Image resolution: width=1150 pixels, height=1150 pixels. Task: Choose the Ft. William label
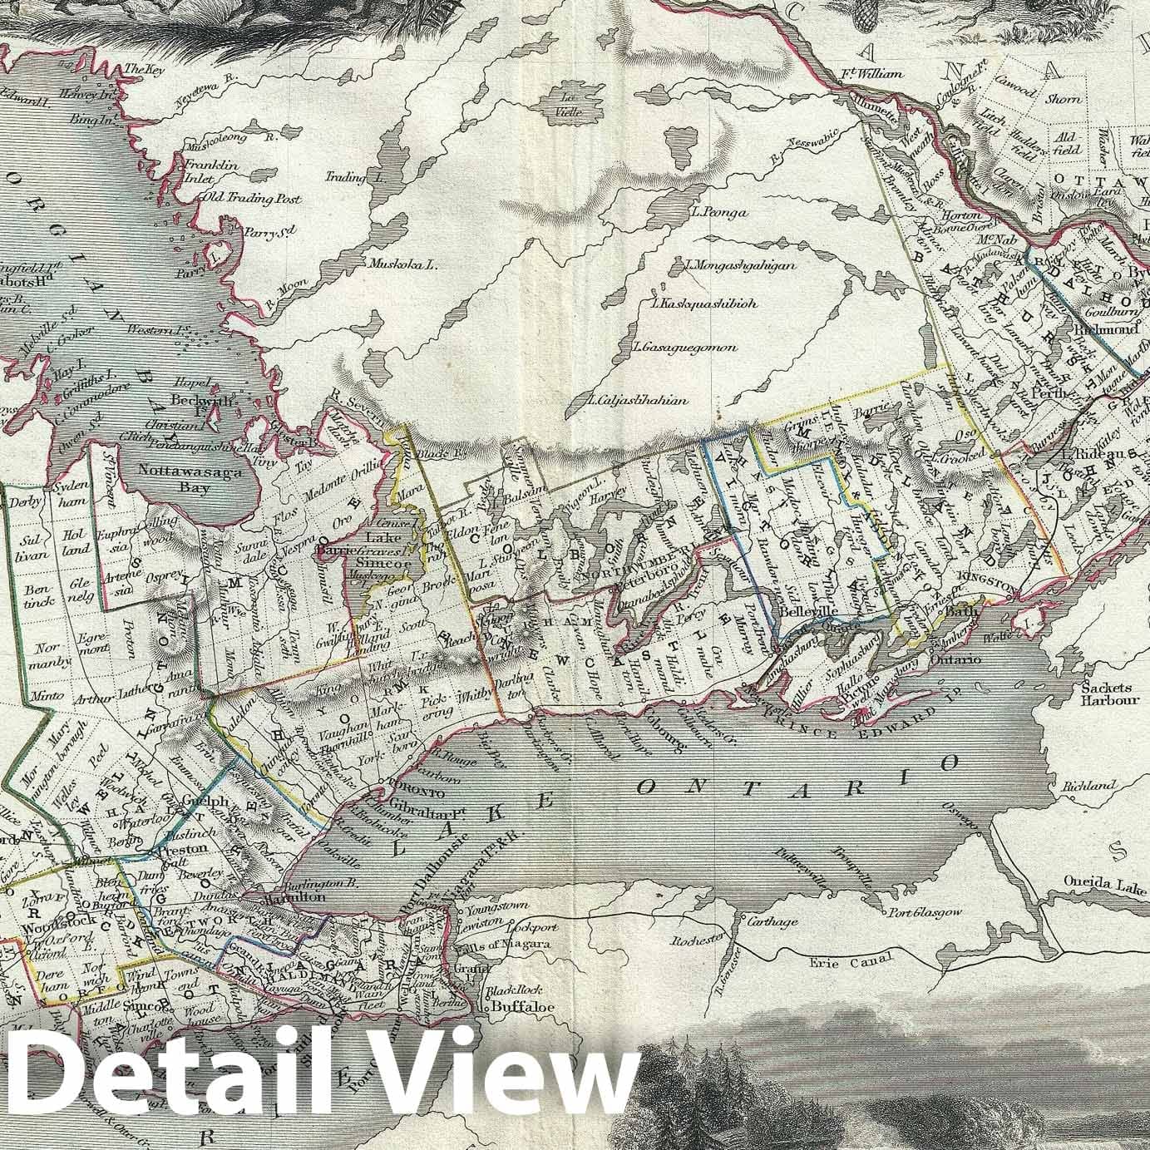tap(871, 74)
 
